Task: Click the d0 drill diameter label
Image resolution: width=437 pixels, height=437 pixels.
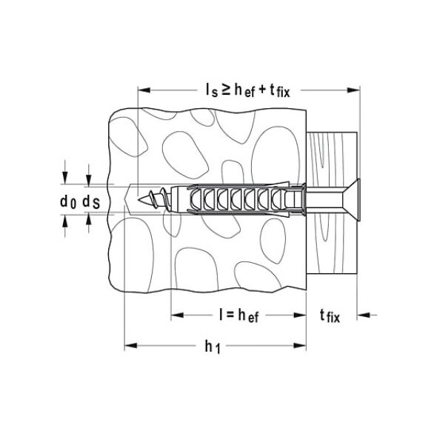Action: point(68,201)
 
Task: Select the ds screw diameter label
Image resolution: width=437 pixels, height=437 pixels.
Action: point(91,201)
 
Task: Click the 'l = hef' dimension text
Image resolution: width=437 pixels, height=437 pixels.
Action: point(238,316)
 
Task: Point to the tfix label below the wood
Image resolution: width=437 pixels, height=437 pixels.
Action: point(330,316)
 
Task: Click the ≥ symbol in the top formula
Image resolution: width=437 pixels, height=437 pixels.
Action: point(225,90)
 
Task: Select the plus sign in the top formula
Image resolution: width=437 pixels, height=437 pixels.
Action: point(262,90)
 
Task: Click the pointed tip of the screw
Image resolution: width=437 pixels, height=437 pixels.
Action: point(139,199)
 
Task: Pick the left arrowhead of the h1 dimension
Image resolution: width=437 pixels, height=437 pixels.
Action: point(130,346)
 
